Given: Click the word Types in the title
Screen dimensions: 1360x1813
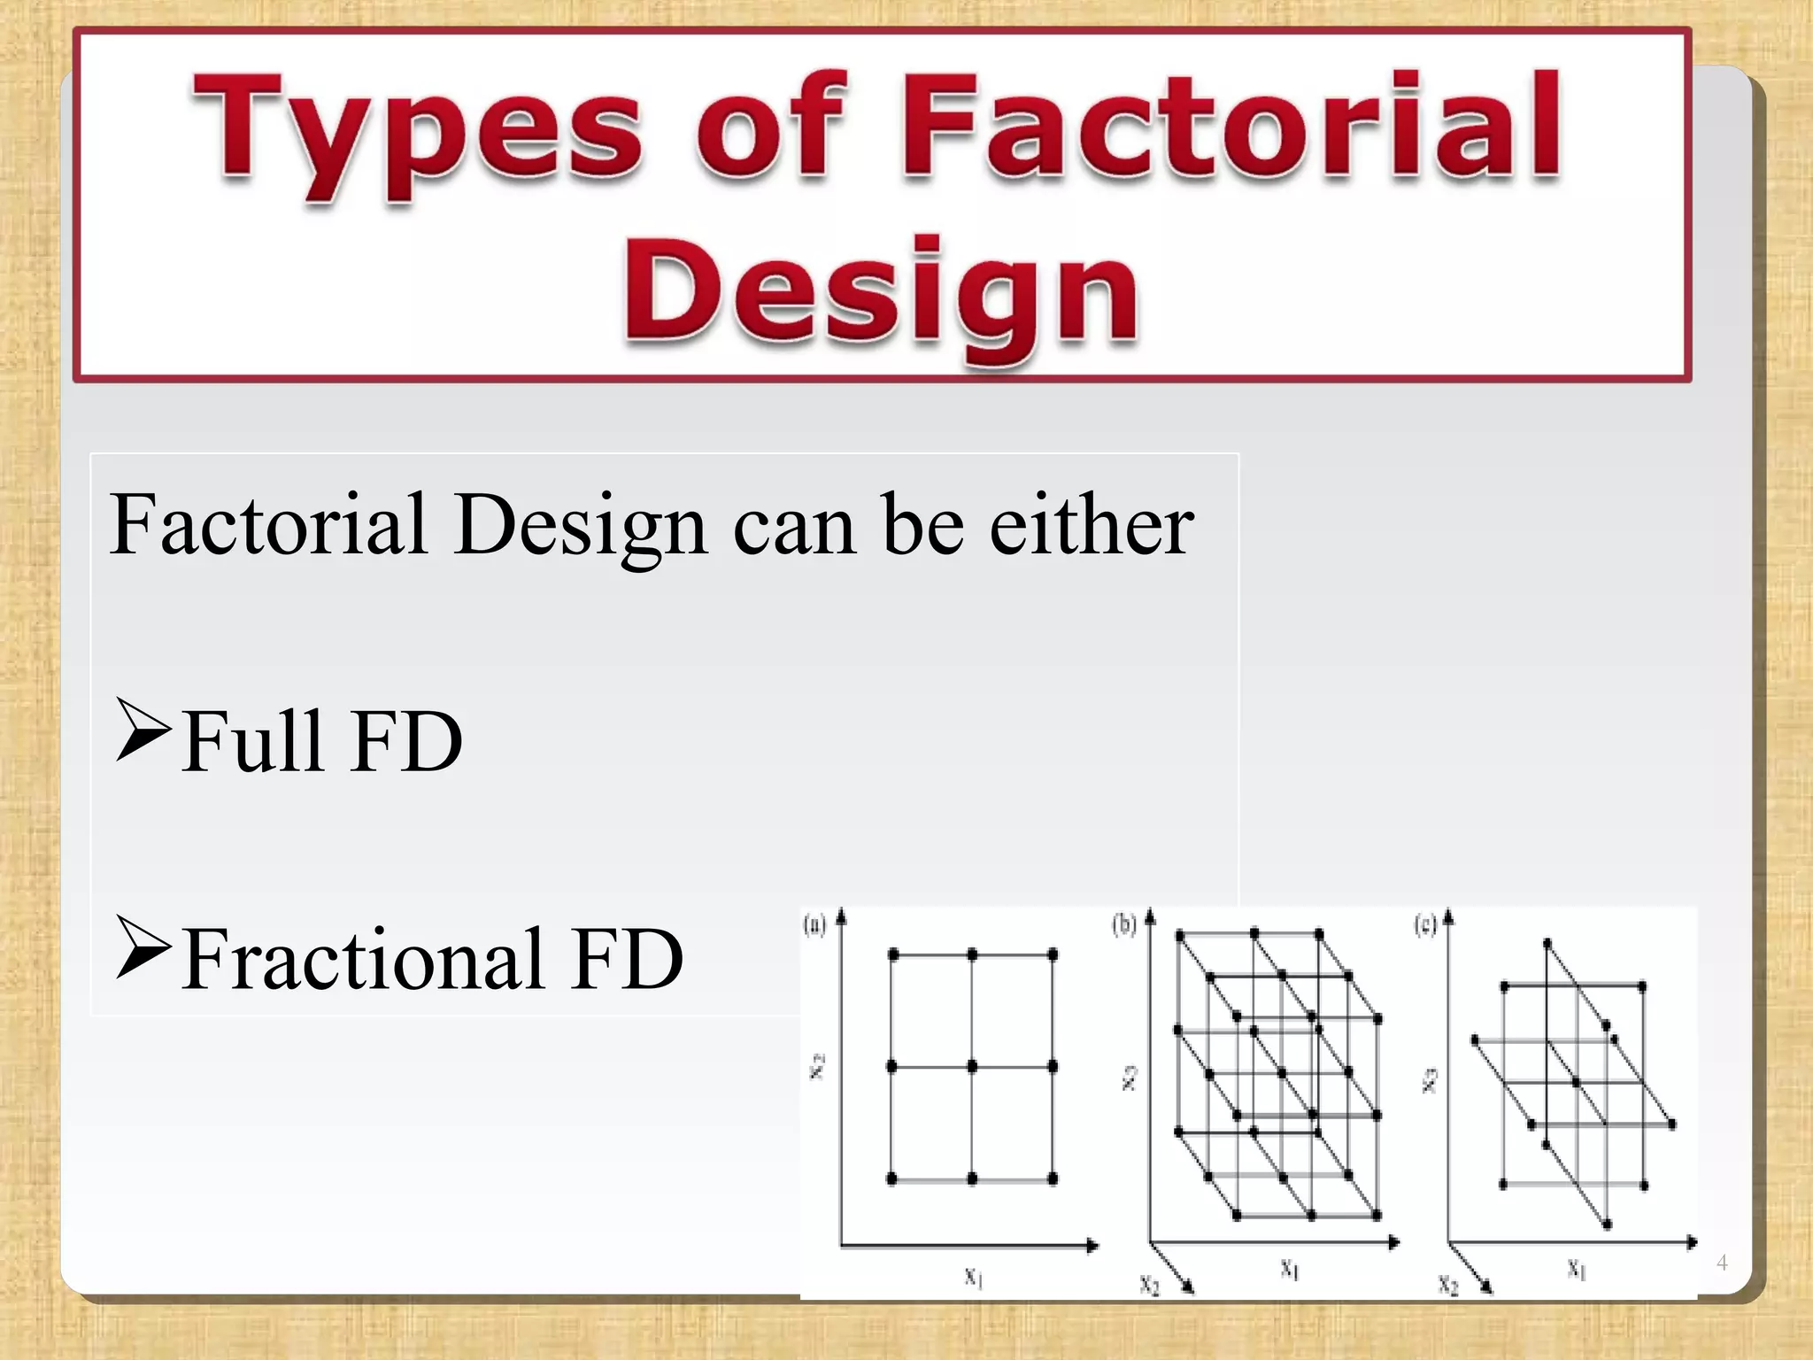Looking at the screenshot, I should point(416,133).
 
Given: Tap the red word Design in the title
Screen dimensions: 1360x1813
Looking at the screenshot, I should point(881,292).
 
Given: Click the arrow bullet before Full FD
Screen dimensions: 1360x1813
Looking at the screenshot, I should point(142,730).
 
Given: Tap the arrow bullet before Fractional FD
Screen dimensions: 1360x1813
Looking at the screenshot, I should point(142,947).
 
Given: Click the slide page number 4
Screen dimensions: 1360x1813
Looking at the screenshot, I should point(1722,1263).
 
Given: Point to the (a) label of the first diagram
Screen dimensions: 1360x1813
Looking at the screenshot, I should point(814,926).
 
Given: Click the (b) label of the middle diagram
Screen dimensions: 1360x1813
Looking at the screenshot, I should point(1123,926).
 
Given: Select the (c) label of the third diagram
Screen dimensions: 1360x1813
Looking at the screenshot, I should point(1424,926).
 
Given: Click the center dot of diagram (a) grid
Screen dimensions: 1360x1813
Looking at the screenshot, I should point(972,1067).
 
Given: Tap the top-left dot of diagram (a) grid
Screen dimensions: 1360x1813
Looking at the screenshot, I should point(892,954).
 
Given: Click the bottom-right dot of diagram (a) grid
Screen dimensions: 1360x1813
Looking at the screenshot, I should point(1053,1178).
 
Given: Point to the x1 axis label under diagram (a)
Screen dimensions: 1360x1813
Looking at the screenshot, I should point(973,1277).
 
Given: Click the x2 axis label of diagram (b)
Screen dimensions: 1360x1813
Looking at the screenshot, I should point(1148,1284).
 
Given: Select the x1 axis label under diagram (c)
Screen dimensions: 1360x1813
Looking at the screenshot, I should point(1576,1270).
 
